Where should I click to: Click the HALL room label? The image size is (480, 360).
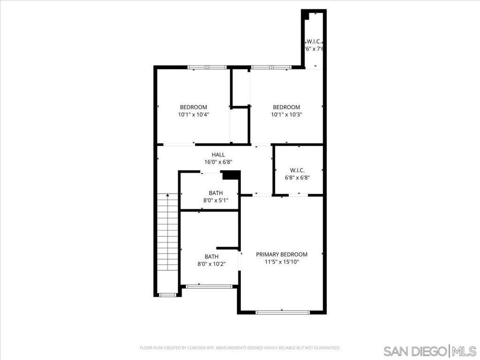[218, 155]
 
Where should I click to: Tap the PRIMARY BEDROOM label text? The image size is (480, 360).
[282, 254]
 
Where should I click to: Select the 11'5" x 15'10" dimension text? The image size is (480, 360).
[282, 262]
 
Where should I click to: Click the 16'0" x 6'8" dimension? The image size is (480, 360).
[218, 162]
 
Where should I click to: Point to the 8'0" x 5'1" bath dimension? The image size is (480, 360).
[216, 201]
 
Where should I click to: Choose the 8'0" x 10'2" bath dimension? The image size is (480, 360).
[211, 264]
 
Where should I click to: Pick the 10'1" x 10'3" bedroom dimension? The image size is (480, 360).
[286, 114]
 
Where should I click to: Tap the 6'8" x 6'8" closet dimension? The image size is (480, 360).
[298, 178]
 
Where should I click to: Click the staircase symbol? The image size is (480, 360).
[168, 232]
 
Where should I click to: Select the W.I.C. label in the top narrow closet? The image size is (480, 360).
[314, 41]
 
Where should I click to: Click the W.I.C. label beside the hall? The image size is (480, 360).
[298, 170]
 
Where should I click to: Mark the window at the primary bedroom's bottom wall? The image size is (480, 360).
[283, 312]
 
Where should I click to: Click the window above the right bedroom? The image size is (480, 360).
[270, 67]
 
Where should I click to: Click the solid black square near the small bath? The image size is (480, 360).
[231, 175]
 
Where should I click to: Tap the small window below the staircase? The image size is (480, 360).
[167, 295]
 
